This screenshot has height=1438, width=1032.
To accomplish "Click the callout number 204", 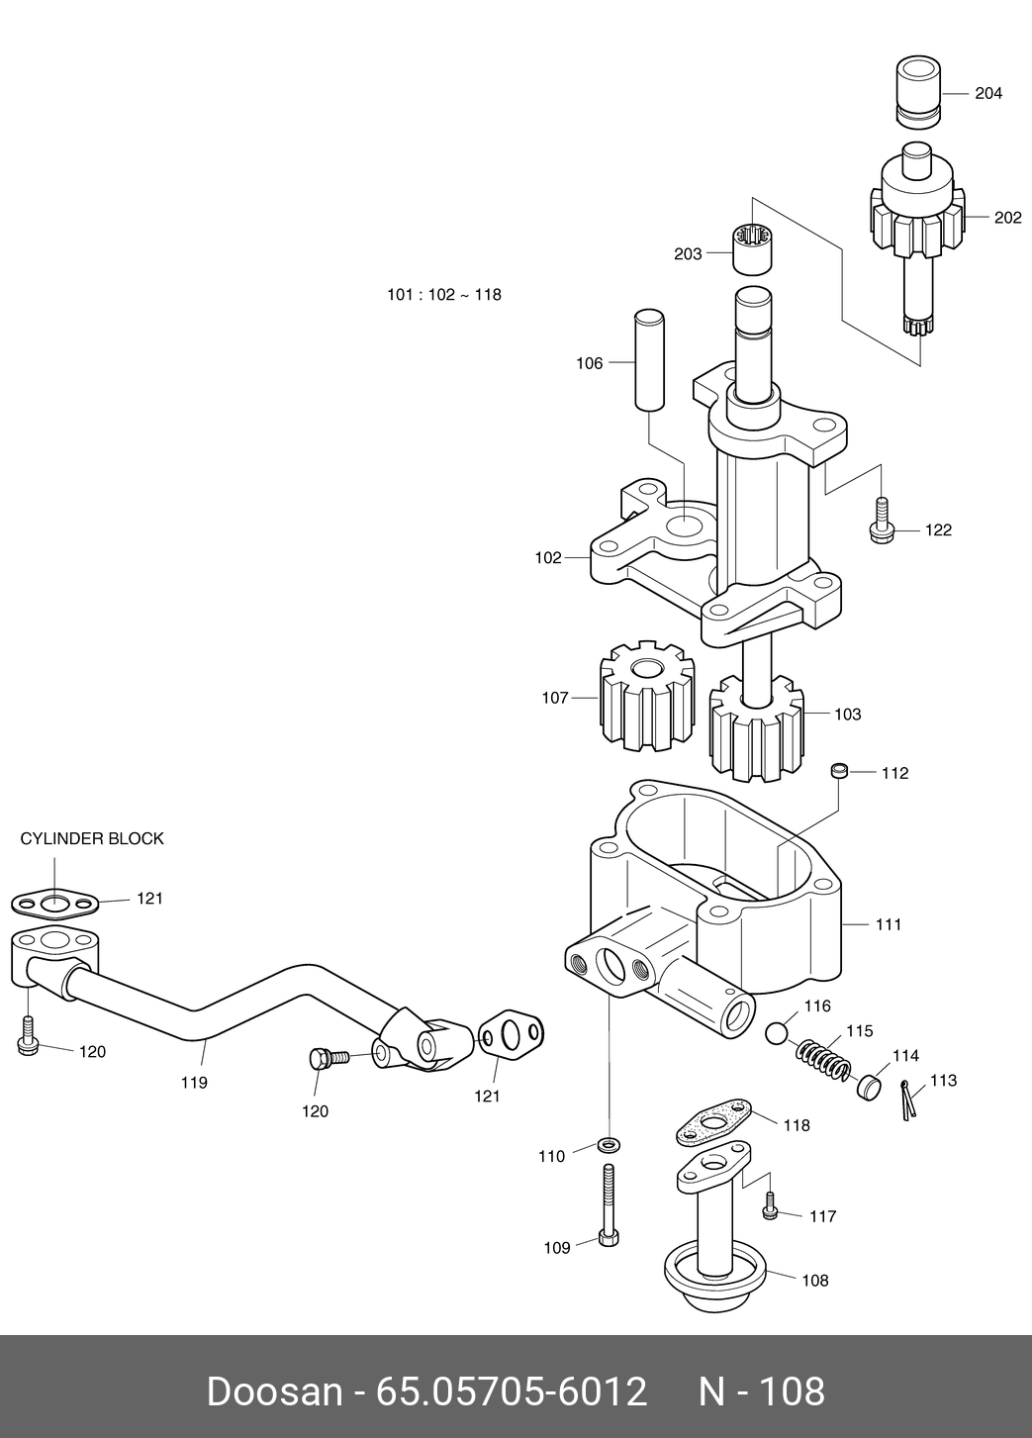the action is pos(988,94).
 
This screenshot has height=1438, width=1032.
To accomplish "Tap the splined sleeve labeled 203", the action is pos(753,249).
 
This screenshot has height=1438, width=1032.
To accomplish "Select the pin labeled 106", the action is pos(649,359).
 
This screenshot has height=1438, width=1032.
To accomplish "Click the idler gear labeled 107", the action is pos(647,696).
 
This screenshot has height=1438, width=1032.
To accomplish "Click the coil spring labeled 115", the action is pos(823,1060).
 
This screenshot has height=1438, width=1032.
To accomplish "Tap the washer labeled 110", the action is pos(609,1145).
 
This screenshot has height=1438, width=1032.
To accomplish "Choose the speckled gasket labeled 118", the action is pos(713,1123).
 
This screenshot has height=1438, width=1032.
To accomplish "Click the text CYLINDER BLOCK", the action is pos(92,839).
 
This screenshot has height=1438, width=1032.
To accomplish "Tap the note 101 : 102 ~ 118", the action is pos(444,295).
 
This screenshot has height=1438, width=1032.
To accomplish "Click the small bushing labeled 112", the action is pos(839,770).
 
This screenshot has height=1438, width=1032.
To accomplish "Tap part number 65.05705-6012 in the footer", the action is pos(511,1391).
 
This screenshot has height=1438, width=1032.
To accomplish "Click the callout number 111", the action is pos(889,925).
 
